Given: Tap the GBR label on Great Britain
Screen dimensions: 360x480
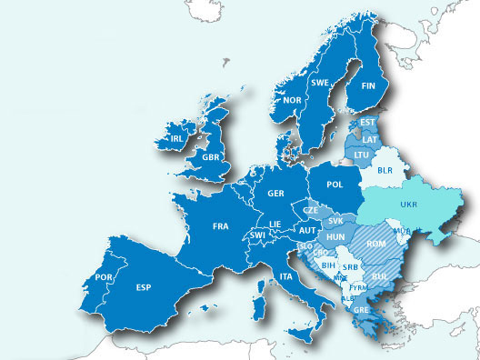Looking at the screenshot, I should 212,157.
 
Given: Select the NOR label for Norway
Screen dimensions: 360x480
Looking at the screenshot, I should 294,101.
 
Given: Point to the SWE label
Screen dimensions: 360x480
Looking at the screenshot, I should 320,83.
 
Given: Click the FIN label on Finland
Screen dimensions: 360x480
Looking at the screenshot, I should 368,86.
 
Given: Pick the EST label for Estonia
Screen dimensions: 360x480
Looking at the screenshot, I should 368,123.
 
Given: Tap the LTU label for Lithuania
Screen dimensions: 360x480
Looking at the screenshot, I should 361,155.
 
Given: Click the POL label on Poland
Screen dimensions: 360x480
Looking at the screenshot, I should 335,185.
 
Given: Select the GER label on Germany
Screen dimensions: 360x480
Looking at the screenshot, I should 276,194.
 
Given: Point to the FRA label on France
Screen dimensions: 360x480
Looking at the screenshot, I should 221,225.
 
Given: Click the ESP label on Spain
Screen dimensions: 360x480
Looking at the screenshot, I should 143,288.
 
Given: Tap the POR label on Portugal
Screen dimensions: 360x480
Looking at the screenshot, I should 104,277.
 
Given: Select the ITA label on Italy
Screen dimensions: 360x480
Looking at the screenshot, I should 285,275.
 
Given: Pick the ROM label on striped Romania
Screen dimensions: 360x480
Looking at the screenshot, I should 376,244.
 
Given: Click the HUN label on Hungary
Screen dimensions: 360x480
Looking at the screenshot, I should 335,237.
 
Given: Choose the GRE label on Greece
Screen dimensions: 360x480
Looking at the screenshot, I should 362,309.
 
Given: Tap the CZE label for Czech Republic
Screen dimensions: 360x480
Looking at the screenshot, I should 311,210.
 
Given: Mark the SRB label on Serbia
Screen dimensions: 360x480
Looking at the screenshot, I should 352,266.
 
